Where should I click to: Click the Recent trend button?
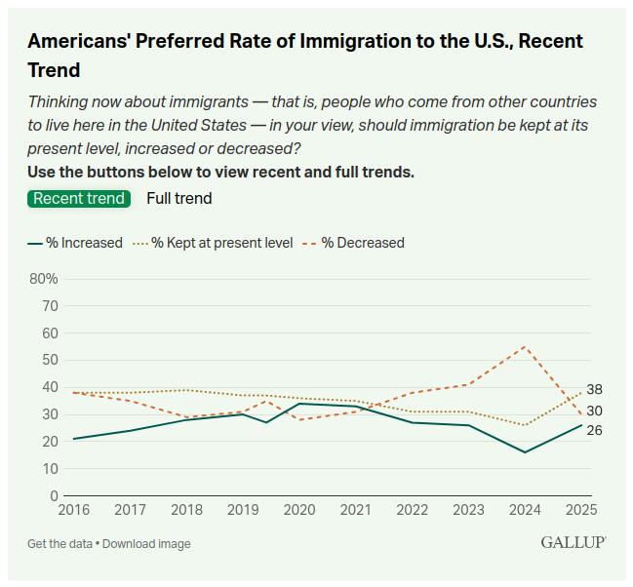click(79, 198)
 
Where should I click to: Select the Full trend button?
click(178, 198)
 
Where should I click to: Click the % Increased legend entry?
click(76, 243)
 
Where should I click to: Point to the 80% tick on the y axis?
click(45, 279)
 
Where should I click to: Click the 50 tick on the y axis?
click(49, 360)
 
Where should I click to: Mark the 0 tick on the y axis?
click(54, 496)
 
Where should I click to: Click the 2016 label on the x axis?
click(73, 510)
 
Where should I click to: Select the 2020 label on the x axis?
click(298, 510)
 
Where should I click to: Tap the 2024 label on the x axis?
click(524, 510)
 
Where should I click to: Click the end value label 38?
click(594, 389)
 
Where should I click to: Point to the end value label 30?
click(594, 411)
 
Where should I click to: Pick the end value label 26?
click(594, 430)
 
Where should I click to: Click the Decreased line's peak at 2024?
click(525, 347)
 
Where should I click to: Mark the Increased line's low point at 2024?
click(525, 452)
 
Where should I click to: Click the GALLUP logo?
click(574, 542)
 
